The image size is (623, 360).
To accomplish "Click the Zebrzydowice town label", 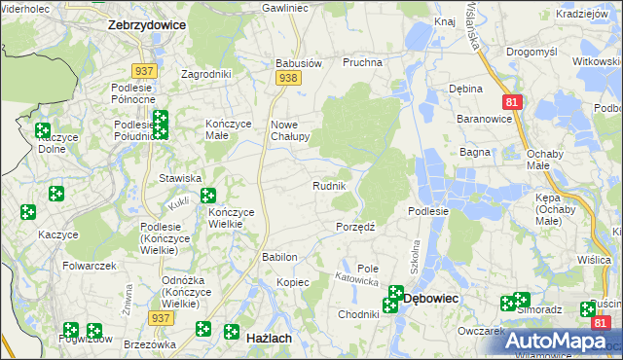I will [x=146, y=25].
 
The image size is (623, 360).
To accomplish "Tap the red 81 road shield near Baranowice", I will [x=512, y=101].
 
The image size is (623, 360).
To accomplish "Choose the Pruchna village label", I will [x=361, y=62].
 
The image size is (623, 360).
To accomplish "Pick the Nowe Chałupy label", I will [x=289, y=130].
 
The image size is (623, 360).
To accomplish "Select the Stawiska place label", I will [x=180, y=178].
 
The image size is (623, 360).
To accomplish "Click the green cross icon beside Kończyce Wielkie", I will [x=208, y=197].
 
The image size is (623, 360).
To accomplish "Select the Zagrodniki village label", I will [x=206, y=74].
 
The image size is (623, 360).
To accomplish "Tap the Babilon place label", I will [x=279, y=257].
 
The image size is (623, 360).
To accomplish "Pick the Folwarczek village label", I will [x=90, y=266].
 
